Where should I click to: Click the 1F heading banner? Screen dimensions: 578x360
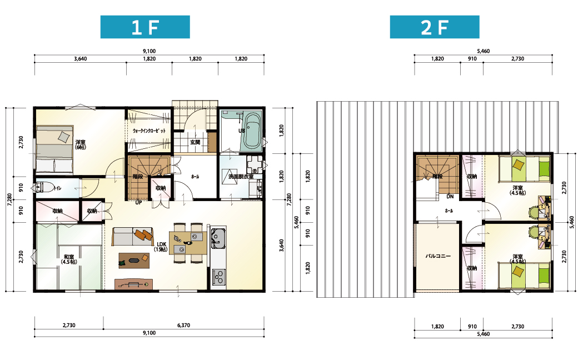tap(145, 27)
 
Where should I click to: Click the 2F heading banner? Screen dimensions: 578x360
tap(435, 27)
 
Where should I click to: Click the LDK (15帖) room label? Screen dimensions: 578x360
tap(162, 247)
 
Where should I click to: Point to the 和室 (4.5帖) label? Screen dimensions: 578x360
tap(69, 259)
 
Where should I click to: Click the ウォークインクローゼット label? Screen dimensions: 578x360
tap(149, 131)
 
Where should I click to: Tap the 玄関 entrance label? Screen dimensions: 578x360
tap(195, 142)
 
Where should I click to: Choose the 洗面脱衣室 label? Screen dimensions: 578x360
tap(241, 177)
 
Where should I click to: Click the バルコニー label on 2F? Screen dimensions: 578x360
tap(438, 256)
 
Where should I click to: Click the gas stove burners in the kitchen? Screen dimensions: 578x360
tap(218, 277)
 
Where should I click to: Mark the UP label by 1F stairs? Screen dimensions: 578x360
tap(138, 202)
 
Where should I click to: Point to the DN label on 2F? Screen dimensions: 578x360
tap(450, 197)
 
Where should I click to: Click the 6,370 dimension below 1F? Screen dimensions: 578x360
tap(183, 326)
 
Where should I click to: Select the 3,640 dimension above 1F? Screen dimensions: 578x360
tap(80, 58)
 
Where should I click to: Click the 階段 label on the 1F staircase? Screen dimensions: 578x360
tap(138, 177)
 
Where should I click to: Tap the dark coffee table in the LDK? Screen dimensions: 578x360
tap(134, 261)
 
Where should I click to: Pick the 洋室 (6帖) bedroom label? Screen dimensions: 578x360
tap(81, 144)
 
